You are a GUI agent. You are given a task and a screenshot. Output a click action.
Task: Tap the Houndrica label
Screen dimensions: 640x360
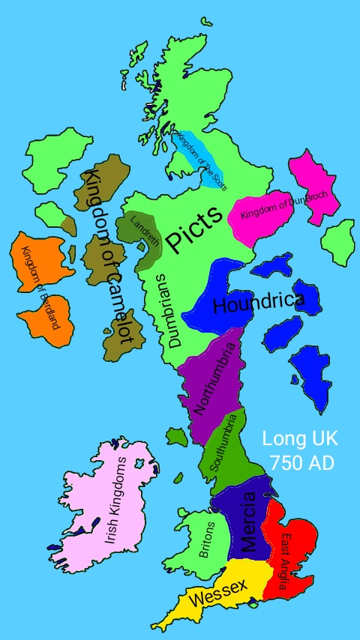pyautogui.click(x=258, y=304)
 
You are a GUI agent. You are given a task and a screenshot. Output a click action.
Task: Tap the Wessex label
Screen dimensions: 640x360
pyautogui.click(x=217, y=597)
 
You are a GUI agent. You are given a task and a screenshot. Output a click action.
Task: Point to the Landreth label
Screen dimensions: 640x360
pyautogui.click(x=145, y=232)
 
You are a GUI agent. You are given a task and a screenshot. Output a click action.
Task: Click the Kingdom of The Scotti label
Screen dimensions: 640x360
pyautogui.click(x=200, y=159)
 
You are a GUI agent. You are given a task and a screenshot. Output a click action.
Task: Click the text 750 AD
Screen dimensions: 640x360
pyautogui.click(x=301, y=463)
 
